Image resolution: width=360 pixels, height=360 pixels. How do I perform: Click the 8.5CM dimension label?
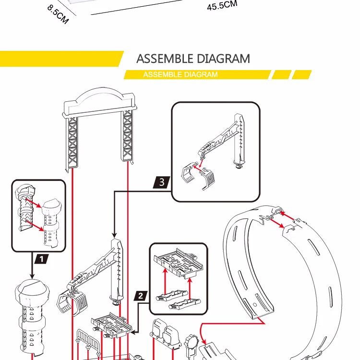click(58, 15)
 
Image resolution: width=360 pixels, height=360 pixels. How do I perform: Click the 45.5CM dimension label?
click(222, 5)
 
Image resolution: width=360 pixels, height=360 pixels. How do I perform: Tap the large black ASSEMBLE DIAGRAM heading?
click(193, 59)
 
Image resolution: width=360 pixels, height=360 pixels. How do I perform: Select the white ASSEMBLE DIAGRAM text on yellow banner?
click(180, 74)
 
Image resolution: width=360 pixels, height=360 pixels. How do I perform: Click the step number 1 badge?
click(42, 259)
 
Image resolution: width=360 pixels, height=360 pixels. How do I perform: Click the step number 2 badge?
click(141, 296)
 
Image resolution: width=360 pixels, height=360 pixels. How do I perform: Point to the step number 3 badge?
click(162, 182)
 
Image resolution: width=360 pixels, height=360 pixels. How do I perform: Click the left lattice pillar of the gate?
click(72, 143)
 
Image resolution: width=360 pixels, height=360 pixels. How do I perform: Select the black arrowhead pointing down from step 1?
click(32, 276)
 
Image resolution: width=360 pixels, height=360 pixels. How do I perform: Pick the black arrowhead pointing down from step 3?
click(114, 235)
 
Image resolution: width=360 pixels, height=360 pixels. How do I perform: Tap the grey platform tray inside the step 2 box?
click(179, 263)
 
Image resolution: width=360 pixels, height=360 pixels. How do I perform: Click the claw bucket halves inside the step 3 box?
click(198, 176)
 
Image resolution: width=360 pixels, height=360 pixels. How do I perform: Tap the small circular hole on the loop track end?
click(255, 305)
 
